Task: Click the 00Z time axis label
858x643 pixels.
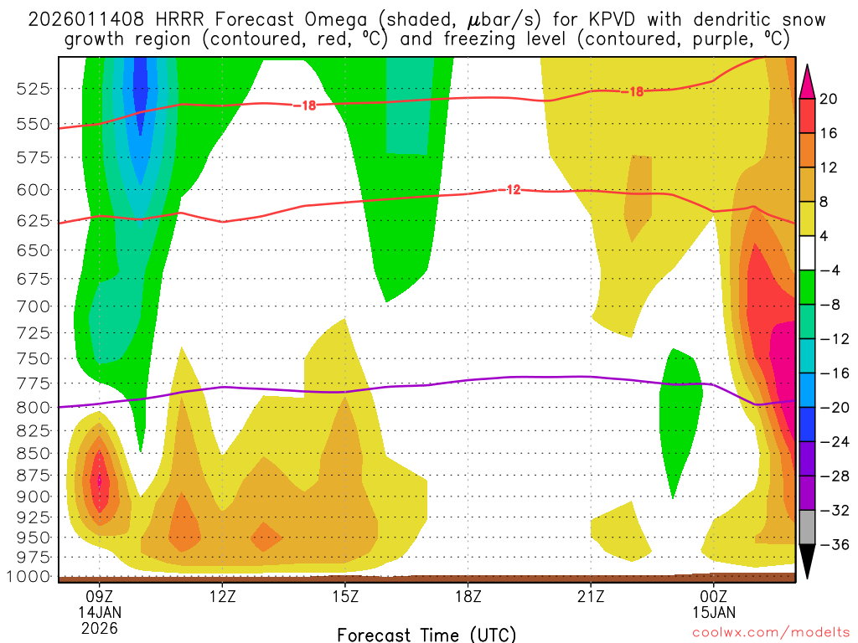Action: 713,596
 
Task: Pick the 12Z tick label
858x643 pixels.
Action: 222,596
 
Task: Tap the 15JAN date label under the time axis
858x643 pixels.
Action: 713,611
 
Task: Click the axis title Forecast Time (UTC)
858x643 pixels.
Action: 426,634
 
